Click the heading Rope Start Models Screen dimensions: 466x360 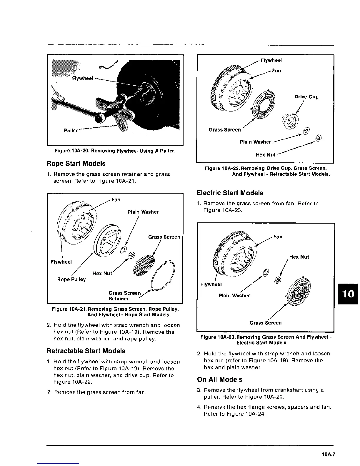click(76, 164)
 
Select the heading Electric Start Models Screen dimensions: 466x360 click(230, 193)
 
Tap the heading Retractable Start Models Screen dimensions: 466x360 click(86, 351)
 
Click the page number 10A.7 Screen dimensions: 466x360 click(329, 454)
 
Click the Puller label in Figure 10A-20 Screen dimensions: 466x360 click(71, 130)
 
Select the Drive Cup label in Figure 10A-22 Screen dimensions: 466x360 click(306, 97)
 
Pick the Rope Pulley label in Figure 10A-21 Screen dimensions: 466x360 click(71, 279)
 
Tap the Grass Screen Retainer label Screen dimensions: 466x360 click(124, 296)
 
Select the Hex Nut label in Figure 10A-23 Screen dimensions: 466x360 click(299, 257)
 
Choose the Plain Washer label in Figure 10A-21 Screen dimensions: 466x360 click(143, 212)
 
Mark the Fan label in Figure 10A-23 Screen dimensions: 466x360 click(277, 237)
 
